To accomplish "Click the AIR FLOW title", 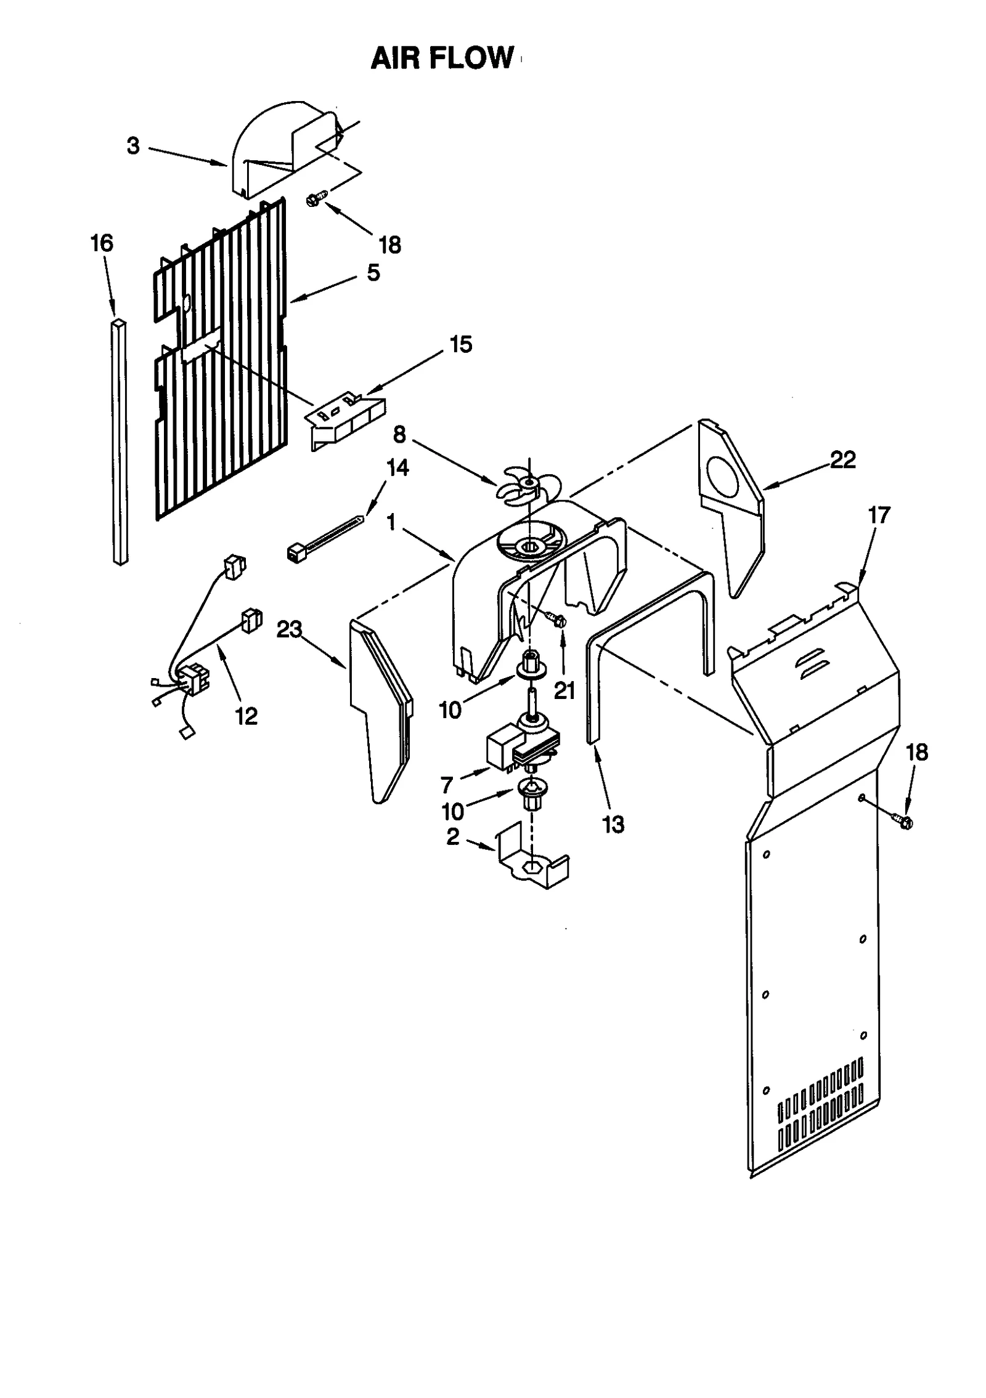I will click(442, 59).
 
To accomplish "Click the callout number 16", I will click(102, 244).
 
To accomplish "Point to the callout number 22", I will click(842, 459).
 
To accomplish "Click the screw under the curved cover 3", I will click(316, 198).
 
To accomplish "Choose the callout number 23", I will click(289, 629).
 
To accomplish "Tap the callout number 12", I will click(246, 716).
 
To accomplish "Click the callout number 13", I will click(613, 824).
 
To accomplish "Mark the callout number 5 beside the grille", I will click(373, 273).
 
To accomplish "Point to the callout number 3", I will click(133, 146).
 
